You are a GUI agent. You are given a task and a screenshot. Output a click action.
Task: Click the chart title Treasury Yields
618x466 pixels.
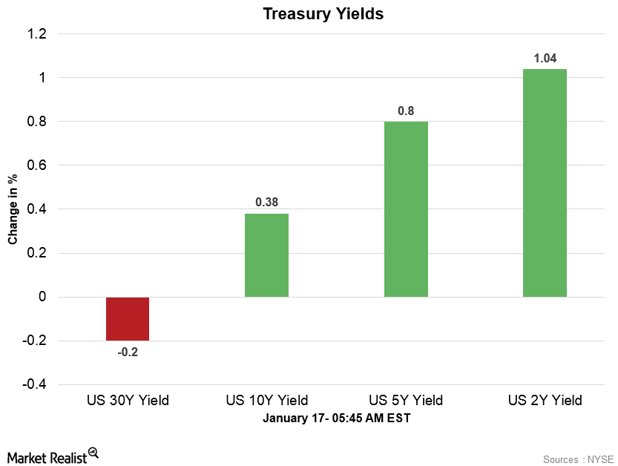tap(323, 14)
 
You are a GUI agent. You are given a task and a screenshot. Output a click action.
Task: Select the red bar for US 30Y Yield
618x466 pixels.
tap(128, 318)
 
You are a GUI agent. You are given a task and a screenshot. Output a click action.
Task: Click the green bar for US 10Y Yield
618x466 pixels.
tap(266, 255)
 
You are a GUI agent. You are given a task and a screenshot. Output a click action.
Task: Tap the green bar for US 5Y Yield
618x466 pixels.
tap(406, 209)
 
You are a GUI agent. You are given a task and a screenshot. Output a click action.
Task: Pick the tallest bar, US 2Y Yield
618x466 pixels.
tap(545, 183)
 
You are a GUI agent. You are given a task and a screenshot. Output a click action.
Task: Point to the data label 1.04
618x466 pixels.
tap(545, 57)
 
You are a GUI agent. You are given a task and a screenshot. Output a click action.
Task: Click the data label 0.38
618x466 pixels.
tap(266, 202)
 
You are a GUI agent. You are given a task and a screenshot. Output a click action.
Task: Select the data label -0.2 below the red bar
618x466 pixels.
tap(128, 352)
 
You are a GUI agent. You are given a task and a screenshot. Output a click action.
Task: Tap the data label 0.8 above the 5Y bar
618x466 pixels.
tap(406, 110)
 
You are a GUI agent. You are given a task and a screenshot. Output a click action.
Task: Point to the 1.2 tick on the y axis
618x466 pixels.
tap(37, 34)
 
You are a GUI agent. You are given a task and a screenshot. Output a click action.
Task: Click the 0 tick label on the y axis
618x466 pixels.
tap(42, 297)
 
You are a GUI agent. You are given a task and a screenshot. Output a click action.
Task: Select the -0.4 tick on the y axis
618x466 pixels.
tap(35, 384)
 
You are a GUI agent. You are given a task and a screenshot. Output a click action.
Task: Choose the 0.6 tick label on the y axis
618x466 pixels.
tap(37, 165)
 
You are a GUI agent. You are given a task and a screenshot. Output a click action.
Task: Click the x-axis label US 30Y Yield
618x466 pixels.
tap(128, 401)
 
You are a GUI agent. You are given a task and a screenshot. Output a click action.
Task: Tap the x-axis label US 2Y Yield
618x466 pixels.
tap(545, 401)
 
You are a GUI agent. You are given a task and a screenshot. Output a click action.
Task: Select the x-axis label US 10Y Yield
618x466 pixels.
tap(266, 401)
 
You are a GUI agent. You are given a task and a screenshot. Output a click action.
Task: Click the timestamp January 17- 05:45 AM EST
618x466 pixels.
tap(336, 419)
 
